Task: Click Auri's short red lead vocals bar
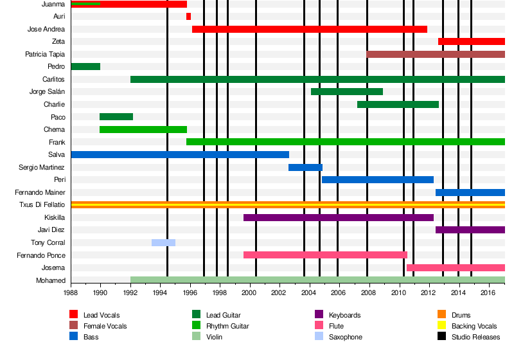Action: (x=188, y=17)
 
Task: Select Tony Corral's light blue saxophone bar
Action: (x=163, y=242)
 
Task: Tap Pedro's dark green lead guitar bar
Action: (x=85, y=67)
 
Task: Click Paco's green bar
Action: (x=116, y=117)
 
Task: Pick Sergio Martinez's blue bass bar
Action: (x=305, y=167)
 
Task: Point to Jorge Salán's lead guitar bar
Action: (x=347, y=92)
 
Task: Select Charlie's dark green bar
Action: (x=398, y=104)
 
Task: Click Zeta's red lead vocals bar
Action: (x=472, y=42)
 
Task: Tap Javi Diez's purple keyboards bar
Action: (x=470, y=230)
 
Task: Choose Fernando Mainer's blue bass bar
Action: (x=470, y=192)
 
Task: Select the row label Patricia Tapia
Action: (x=45, y=55)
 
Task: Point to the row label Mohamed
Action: (x=51, y=280)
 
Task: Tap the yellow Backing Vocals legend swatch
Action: (x=441, y=326)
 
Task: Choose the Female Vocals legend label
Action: (x=105, y=326)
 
